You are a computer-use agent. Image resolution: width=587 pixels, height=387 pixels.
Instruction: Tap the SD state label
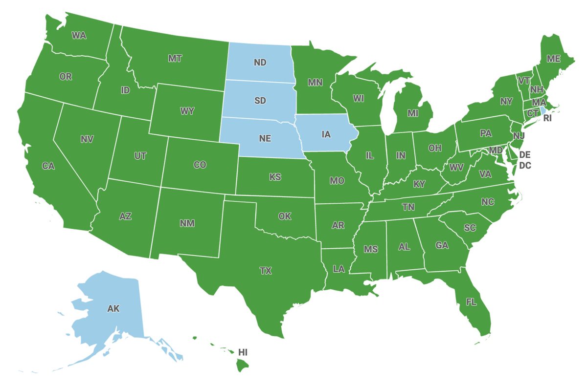pyautogui.click(x=260, y=101)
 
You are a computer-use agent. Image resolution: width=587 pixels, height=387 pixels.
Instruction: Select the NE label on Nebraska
pyautogui.click(x=265, y=138)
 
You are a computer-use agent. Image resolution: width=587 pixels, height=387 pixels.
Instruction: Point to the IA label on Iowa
pyautogui.click(x=327, y=133)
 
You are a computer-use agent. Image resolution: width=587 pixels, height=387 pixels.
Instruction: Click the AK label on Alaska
pyautogui.click(x=113, y=308)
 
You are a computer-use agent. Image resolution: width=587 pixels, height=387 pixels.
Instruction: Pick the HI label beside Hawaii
pyautogui.click(x=243, y=352)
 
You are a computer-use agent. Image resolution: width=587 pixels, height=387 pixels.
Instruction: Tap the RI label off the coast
pyautogui.click(x=547, y=118)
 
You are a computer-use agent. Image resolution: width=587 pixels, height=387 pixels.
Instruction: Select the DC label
pyautogui.click(x=525, y=166)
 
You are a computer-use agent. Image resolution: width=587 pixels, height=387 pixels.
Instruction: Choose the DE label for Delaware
pyautogui.click(x=525, y=155)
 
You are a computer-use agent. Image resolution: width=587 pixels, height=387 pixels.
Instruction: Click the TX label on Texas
pyautogui.click(x=265, y=271)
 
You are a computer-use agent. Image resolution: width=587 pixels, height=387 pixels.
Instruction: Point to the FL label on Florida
pyautogui.click(x=471, y=302)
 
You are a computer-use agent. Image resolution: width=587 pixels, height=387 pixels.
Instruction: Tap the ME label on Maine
pyautogui.click(x=553, y=59)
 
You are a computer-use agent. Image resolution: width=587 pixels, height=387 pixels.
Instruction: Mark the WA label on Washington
pyautogui.click(x=79, y=35)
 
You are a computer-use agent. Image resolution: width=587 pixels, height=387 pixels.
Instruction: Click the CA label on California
pyautogui.click(x=48, y=166)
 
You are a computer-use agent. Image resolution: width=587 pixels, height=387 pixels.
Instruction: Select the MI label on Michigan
pyautogui.click(x=413, y=113)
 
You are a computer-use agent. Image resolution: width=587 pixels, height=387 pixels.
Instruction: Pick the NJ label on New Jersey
pyautogui.click(x=518, y=134)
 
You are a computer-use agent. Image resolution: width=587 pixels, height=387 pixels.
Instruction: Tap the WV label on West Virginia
pyautogui.click(x=457, y=168)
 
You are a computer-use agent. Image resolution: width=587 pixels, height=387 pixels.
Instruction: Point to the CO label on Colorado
pyautogui.click(x=200, y=165)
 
